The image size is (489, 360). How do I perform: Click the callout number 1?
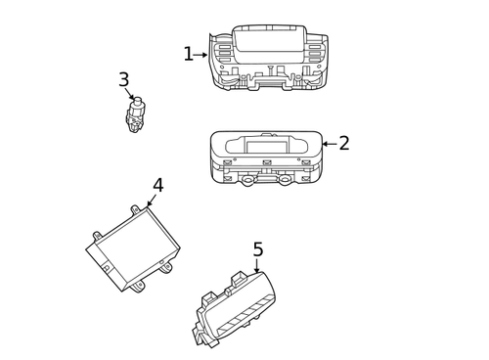[x=188, y=55]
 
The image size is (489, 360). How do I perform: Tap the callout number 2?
[x=344, y=144]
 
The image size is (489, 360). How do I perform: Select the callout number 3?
[x=123, y=80]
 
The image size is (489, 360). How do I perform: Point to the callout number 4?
[x=157, y=186]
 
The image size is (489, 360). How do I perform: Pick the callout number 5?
[x=257, y=250]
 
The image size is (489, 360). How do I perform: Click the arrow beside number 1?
[x=200, y=55]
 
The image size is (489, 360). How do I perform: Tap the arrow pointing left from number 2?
[x=329, y=144]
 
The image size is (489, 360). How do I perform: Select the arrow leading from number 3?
[x=130, y=96]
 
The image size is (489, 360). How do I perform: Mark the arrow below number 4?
[x=151, y=202]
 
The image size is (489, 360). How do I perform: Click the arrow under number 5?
[x=257, y=267]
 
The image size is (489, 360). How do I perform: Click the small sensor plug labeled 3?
[x=135, y=115]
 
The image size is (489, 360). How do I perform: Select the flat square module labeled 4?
[x=135, y=248]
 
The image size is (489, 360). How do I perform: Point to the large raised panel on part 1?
[x=268, y=39]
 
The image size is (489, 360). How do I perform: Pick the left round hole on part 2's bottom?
[x=248, y=180]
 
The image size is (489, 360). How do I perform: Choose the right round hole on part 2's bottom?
[x=285, y=180]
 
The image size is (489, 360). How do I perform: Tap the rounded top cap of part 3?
[x=137, y=101]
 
